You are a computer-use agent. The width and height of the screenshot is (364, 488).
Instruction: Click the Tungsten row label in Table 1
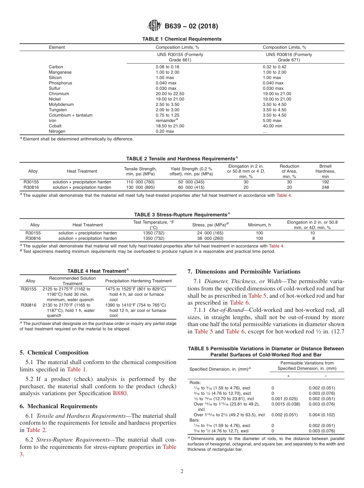[x=58, y=110]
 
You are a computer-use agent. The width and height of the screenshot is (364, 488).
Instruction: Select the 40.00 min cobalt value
[x=272, y=126]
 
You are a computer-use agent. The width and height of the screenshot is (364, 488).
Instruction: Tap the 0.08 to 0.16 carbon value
[x=167, y=67]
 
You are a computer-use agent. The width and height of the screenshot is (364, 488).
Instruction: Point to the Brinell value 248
[x=325, y=187]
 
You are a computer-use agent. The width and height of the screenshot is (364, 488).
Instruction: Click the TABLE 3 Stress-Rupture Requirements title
[x=182, y=214]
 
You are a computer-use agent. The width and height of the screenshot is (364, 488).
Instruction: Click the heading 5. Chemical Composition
[x=54, y=353]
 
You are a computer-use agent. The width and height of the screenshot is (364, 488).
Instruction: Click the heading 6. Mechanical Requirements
[x=59, y=406]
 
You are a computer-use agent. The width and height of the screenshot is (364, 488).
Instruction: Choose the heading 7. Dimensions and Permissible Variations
[x=244, y=272]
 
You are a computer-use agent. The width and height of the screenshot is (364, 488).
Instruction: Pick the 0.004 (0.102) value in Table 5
[x=322, y=415]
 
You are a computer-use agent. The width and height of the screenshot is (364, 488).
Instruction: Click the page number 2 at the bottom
[x=182, y=472]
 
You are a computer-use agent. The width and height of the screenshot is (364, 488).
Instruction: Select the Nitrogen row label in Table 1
[x=57, y=131]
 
